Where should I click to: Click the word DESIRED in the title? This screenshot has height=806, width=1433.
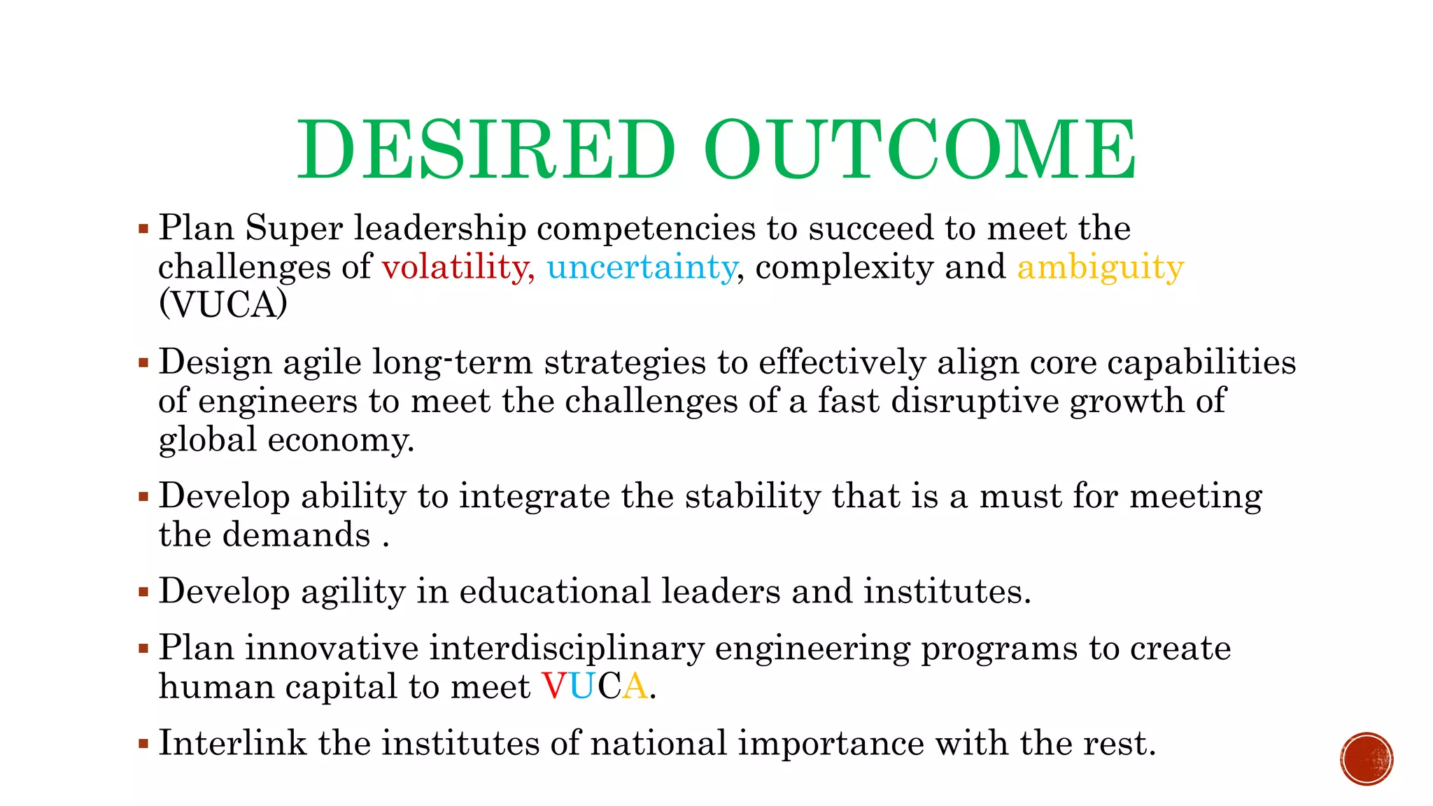(486, 150)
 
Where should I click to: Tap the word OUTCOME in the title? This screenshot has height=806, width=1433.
(920, 150)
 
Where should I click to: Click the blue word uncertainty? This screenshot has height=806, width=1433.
(642, 267)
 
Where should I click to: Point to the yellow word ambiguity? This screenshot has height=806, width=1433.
(1100, 268)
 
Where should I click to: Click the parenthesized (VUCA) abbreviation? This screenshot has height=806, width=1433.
(223, 304)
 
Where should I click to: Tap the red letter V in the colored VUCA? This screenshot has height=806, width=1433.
(555, 686)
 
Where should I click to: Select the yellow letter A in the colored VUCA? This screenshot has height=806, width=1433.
(635, 686)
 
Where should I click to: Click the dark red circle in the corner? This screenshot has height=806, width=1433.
(1367, 759)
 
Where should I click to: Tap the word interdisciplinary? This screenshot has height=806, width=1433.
(566, 648)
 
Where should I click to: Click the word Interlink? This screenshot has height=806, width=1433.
(232, 743)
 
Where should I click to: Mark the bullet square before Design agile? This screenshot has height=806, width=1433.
(143, 362)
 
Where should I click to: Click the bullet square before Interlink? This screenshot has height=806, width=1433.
(143, 743)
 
